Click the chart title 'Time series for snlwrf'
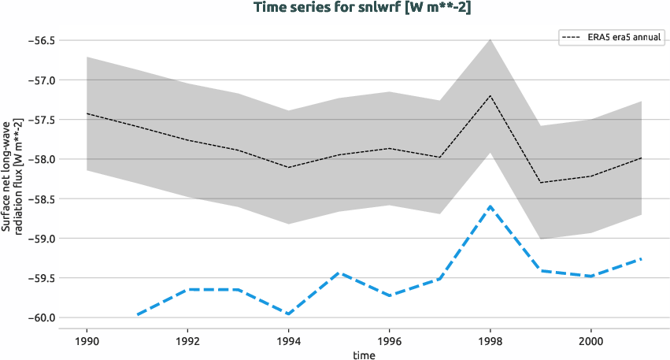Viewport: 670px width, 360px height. coord(361,8)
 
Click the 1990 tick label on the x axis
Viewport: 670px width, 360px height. coord(87,341)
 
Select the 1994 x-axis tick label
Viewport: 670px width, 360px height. coord(288,341)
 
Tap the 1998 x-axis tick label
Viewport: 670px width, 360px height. coord(490,341)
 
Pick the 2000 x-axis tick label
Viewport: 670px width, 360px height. coord(590,341)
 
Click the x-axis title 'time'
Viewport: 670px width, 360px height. coord(364,355)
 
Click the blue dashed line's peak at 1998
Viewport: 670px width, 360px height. coord(490,206)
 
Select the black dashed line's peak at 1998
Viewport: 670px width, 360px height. coord(490,95)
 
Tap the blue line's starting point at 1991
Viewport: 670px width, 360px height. coord(137,315)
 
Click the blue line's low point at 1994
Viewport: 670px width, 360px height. coord(288,314)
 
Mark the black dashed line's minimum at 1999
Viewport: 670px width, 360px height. coord(540,183)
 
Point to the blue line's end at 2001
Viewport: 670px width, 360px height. coord(641,258)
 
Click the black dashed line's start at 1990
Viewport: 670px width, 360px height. coord(87,113)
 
